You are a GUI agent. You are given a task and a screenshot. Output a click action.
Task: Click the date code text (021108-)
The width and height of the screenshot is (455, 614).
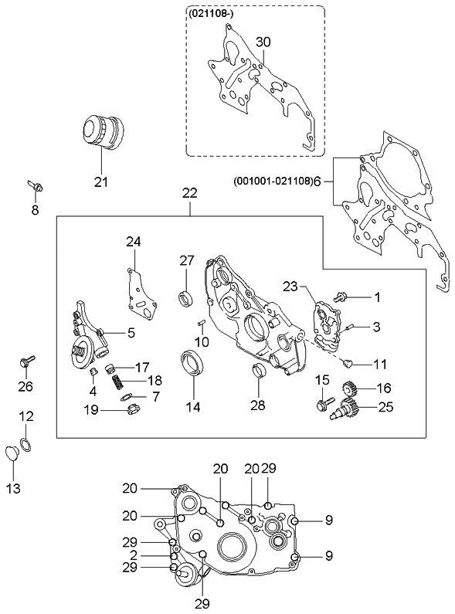pos(210,15)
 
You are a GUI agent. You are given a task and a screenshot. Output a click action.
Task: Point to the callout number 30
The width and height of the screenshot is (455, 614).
pos(263,42)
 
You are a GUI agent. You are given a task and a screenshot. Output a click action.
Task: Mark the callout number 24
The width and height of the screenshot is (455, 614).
pos(134,242)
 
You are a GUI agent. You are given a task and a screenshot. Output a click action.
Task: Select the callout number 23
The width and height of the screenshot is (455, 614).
pos(290,287)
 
